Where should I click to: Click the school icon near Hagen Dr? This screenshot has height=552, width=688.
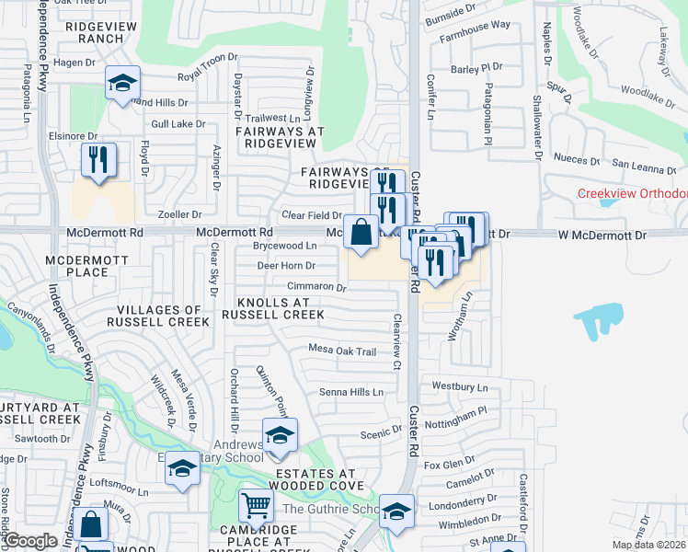[x=121, y=86]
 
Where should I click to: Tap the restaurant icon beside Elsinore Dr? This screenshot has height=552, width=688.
[x=97, y=159]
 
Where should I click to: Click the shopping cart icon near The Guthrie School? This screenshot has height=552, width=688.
[x=255, y=505]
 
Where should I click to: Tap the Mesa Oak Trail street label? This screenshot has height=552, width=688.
[x=342, y=351]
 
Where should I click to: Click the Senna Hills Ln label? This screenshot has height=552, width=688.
[x=350, y=392]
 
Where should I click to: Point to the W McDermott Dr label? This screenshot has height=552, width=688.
[x=602, y=236]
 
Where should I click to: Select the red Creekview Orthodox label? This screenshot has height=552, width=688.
[x=632, y=193]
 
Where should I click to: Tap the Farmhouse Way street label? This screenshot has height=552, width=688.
[x=475, y=51]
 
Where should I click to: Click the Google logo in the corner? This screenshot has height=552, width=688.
[x=30, y=541]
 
